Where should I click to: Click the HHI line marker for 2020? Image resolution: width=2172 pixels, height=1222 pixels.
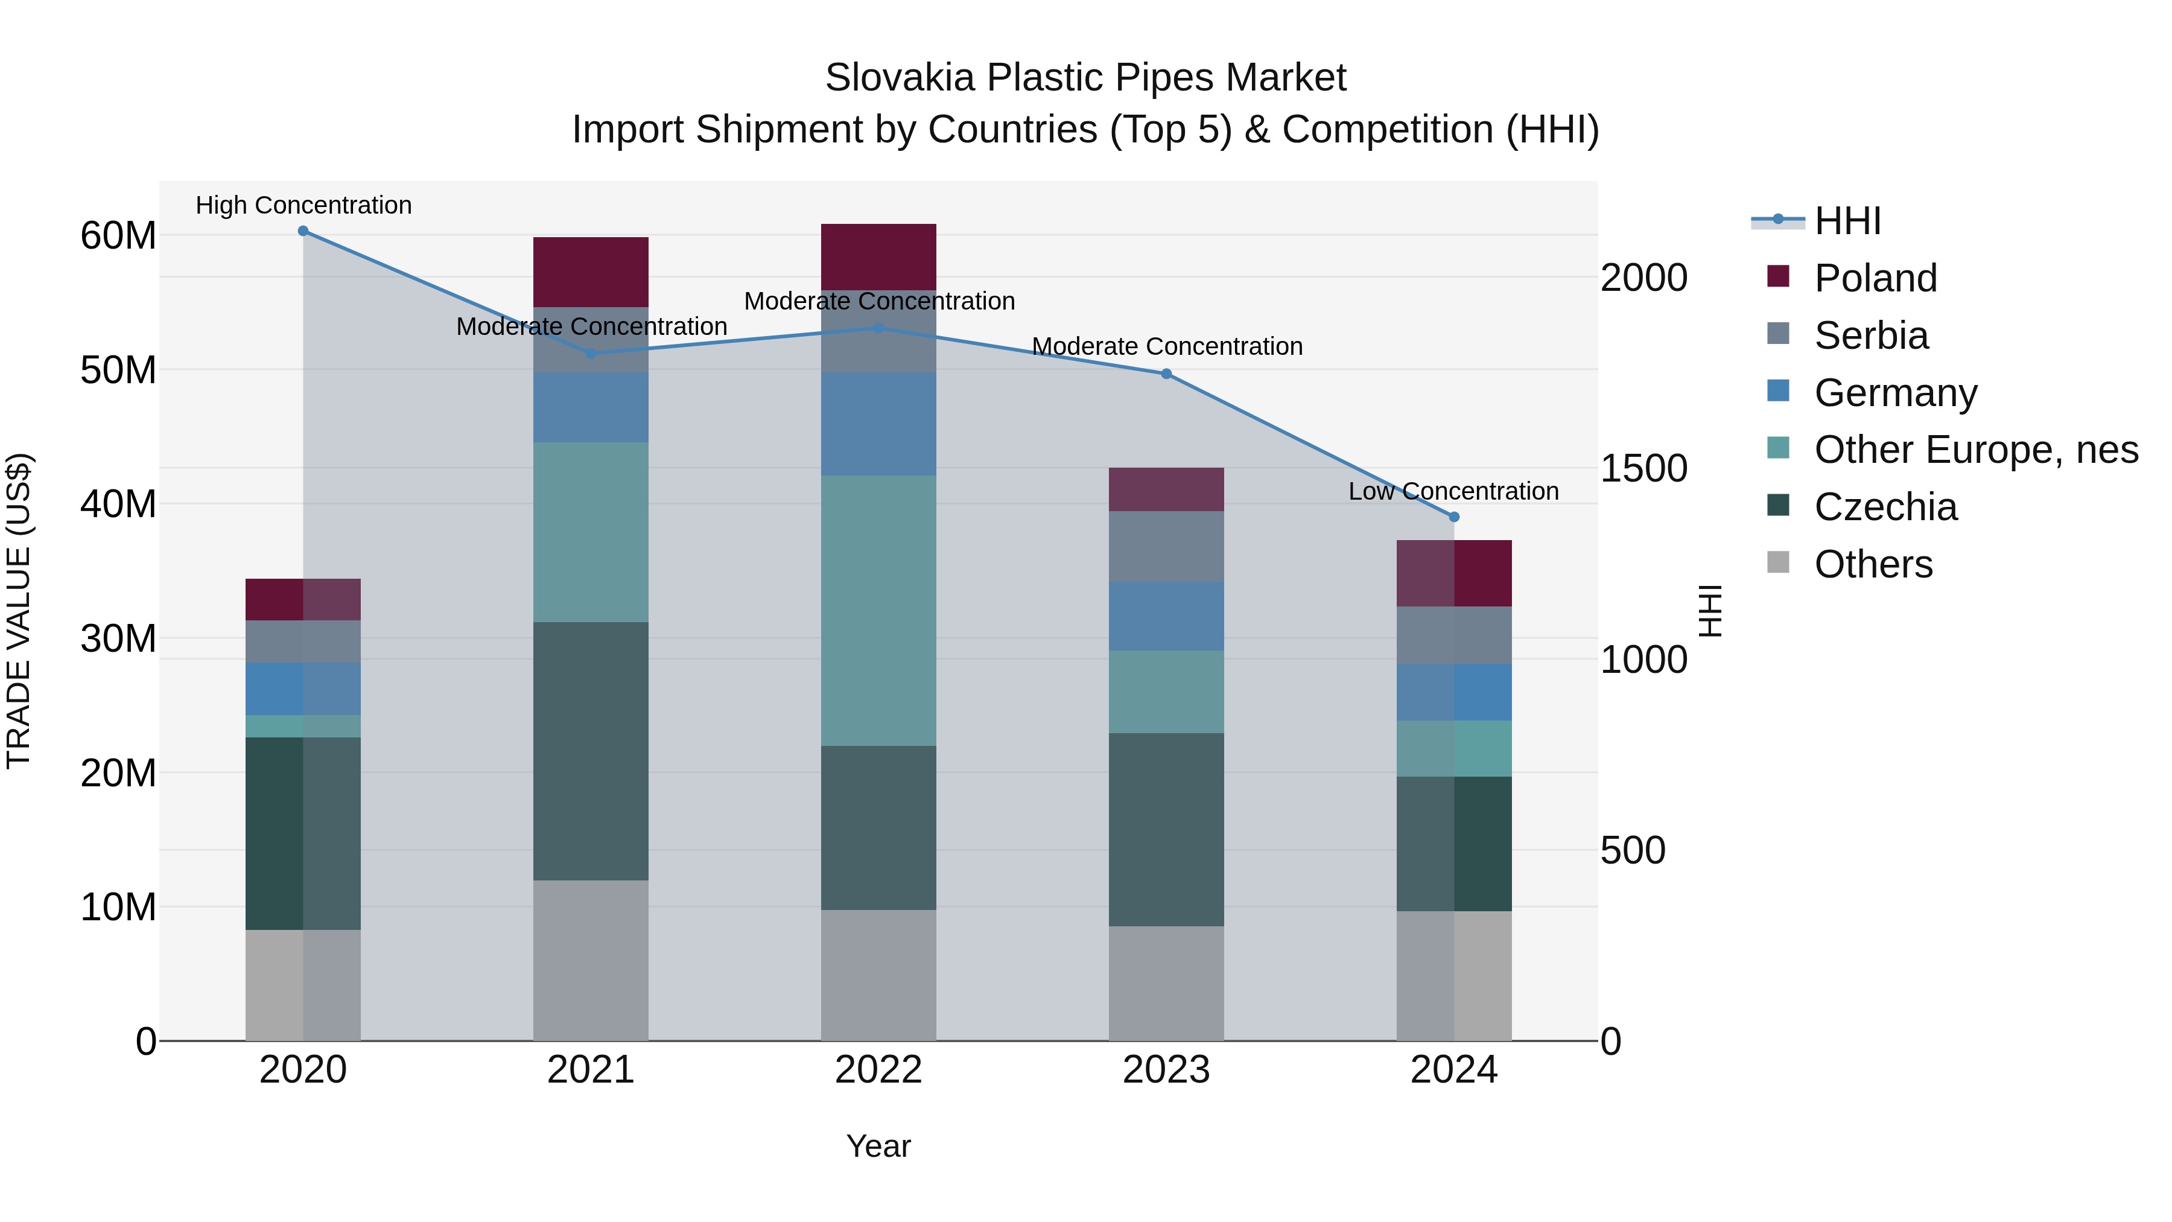303,231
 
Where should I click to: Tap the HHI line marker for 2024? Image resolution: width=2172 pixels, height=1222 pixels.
1453,517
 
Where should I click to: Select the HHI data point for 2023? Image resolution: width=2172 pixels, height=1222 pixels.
1166,374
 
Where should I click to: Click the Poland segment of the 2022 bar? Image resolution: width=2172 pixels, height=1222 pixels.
878,256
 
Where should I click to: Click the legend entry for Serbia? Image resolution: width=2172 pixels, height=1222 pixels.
1871,336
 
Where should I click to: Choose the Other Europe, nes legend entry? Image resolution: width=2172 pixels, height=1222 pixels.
1975,450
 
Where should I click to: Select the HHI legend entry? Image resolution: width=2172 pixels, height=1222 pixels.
1847,221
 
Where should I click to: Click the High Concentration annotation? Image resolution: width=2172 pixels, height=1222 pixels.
303,205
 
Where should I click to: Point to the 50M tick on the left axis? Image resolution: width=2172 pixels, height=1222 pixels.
118,371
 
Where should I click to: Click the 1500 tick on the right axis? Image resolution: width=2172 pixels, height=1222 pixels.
1643,469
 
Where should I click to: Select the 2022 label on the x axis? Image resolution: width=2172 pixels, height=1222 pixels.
878,1070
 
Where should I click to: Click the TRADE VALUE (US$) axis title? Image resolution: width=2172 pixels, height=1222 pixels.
19,611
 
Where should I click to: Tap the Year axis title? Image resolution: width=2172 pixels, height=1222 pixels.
878,1146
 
